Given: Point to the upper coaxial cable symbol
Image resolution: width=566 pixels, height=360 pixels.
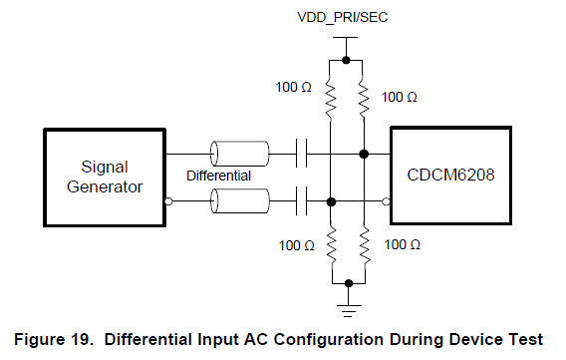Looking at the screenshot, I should [x=239, y=154].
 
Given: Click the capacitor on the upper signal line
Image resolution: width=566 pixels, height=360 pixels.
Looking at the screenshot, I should [x=304, y=154].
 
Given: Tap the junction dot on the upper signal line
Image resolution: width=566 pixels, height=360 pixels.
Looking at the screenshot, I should [x=364, y=154].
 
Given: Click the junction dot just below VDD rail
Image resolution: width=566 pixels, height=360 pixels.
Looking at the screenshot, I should [x=347, y=60].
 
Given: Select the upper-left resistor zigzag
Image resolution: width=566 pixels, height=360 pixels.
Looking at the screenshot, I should [x=331, y=96].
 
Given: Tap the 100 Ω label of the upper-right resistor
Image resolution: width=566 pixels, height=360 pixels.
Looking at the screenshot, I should [x=400, y=98].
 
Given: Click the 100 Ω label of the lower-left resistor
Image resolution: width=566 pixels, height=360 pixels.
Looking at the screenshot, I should [x=294, y=244].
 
